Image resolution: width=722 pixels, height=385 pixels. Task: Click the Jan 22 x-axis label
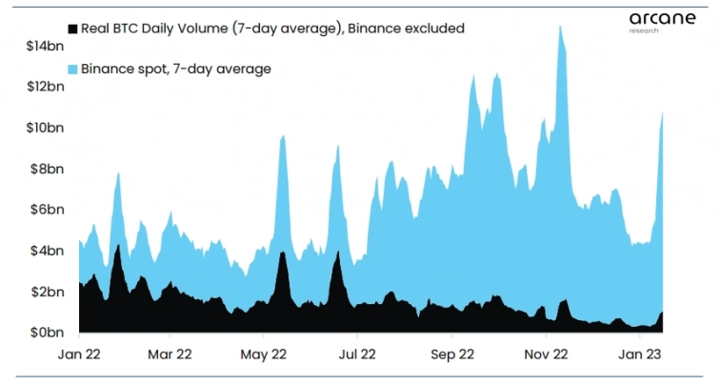point(79,354)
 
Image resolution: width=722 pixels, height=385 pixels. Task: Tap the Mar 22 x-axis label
point(170,354)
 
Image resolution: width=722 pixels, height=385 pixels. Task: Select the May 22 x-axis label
point(265,354)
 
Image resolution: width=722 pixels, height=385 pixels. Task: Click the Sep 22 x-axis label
point(452,354)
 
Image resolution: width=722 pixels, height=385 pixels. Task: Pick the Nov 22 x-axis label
point(547,354)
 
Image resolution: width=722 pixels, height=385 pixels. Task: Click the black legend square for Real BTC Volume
point(71,29)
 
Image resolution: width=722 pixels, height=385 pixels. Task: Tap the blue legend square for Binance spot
point(71,69)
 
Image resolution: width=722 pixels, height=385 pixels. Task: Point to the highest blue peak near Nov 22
point(559,26)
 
